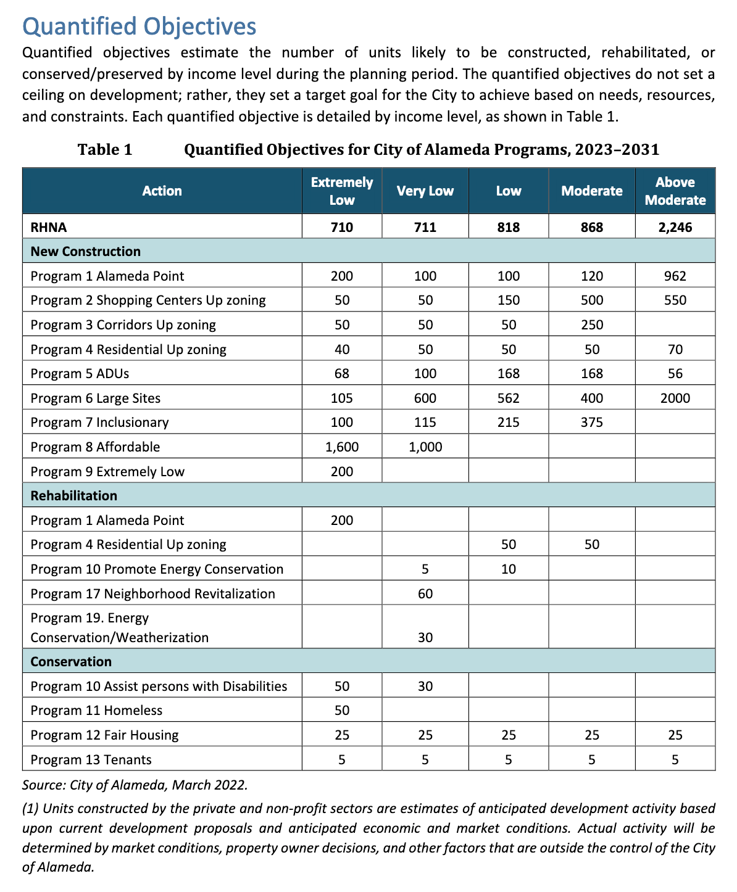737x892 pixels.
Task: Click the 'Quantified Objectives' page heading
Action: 139,27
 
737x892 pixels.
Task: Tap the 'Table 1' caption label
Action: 105,150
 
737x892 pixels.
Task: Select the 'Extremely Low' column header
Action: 342,191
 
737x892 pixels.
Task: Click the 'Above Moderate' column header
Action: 675,191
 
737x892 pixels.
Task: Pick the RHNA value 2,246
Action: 675,228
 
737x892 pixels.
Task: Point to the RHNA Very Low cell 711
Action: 425,228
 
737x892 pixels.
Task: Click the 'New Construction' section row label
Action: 85,251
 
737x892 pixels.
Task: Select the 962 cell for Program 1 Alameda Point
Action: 675,276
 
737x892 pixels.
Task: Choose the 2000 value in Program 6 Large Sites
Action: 675,399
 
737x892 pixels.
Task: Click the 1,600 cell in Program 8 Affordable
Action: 342,447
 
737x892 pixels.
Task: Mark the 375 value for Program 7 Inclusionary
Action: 591,423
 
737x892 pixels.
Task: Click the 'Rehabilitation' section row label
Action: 73,496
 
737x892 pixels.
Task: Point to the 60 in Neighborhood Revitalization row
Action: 425,594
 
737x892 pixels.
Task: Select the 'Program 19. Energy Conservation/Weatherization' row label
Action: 119,627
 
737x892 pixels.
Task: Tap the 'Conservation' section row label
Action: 71,662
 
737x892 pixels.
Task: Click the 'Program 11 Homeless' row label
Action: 96,711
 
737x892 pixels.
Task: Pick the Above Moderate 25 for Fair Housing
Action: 675,735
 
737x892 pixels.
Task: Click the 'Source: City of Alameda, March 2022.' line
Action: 135,786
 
